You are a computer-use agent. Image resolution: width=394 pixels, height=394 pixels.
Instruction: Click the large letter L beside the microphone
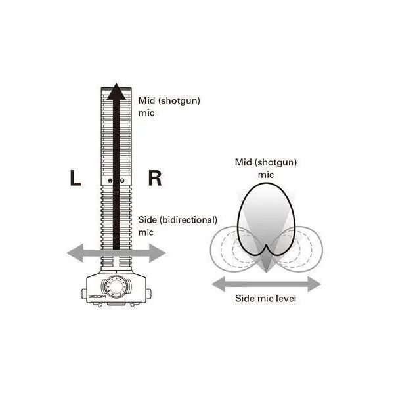pos(76,178)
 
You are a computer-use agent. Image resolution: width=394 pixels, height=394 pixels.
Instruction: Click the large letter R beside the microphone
pos(155,178)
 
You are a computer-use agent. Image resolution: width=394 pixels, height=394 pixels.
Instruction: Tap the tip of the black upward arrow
pos(116,83)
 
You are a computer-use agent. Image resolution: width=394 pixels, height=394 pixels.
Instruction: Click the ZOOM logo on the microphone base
pos(97,297)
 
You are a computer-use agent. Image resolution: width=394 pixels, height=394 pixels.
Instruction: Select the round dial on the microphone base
pos(116,287)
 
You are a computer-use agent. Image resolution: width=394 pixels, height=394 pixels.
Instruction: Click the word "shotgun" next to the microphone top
pos(179,101)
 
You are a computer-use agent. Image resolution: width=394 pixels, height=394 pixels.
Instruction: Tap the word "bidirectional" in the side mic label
pos(188,220)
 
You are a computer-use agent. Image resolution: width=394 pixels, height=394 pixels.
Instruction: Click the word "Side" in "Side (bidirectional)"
pos(147,220)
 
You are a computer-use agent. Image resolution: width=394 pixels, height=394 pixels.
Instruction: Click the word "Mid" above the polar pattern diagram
pos(243,162)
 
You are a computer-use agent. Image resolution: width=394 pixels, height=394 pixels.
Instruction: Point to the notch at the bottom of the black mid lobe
pos(267,244)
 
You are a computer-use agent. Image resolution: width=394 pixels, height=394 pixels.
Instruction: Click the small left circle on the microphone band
pos(110,181)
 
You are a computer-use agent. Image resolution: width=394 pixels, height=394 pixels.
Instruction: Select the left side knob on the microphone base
pos(84,294)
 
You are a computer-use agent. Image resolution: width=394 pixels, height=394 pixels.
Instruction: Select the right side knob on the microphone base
pos(148,294)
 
